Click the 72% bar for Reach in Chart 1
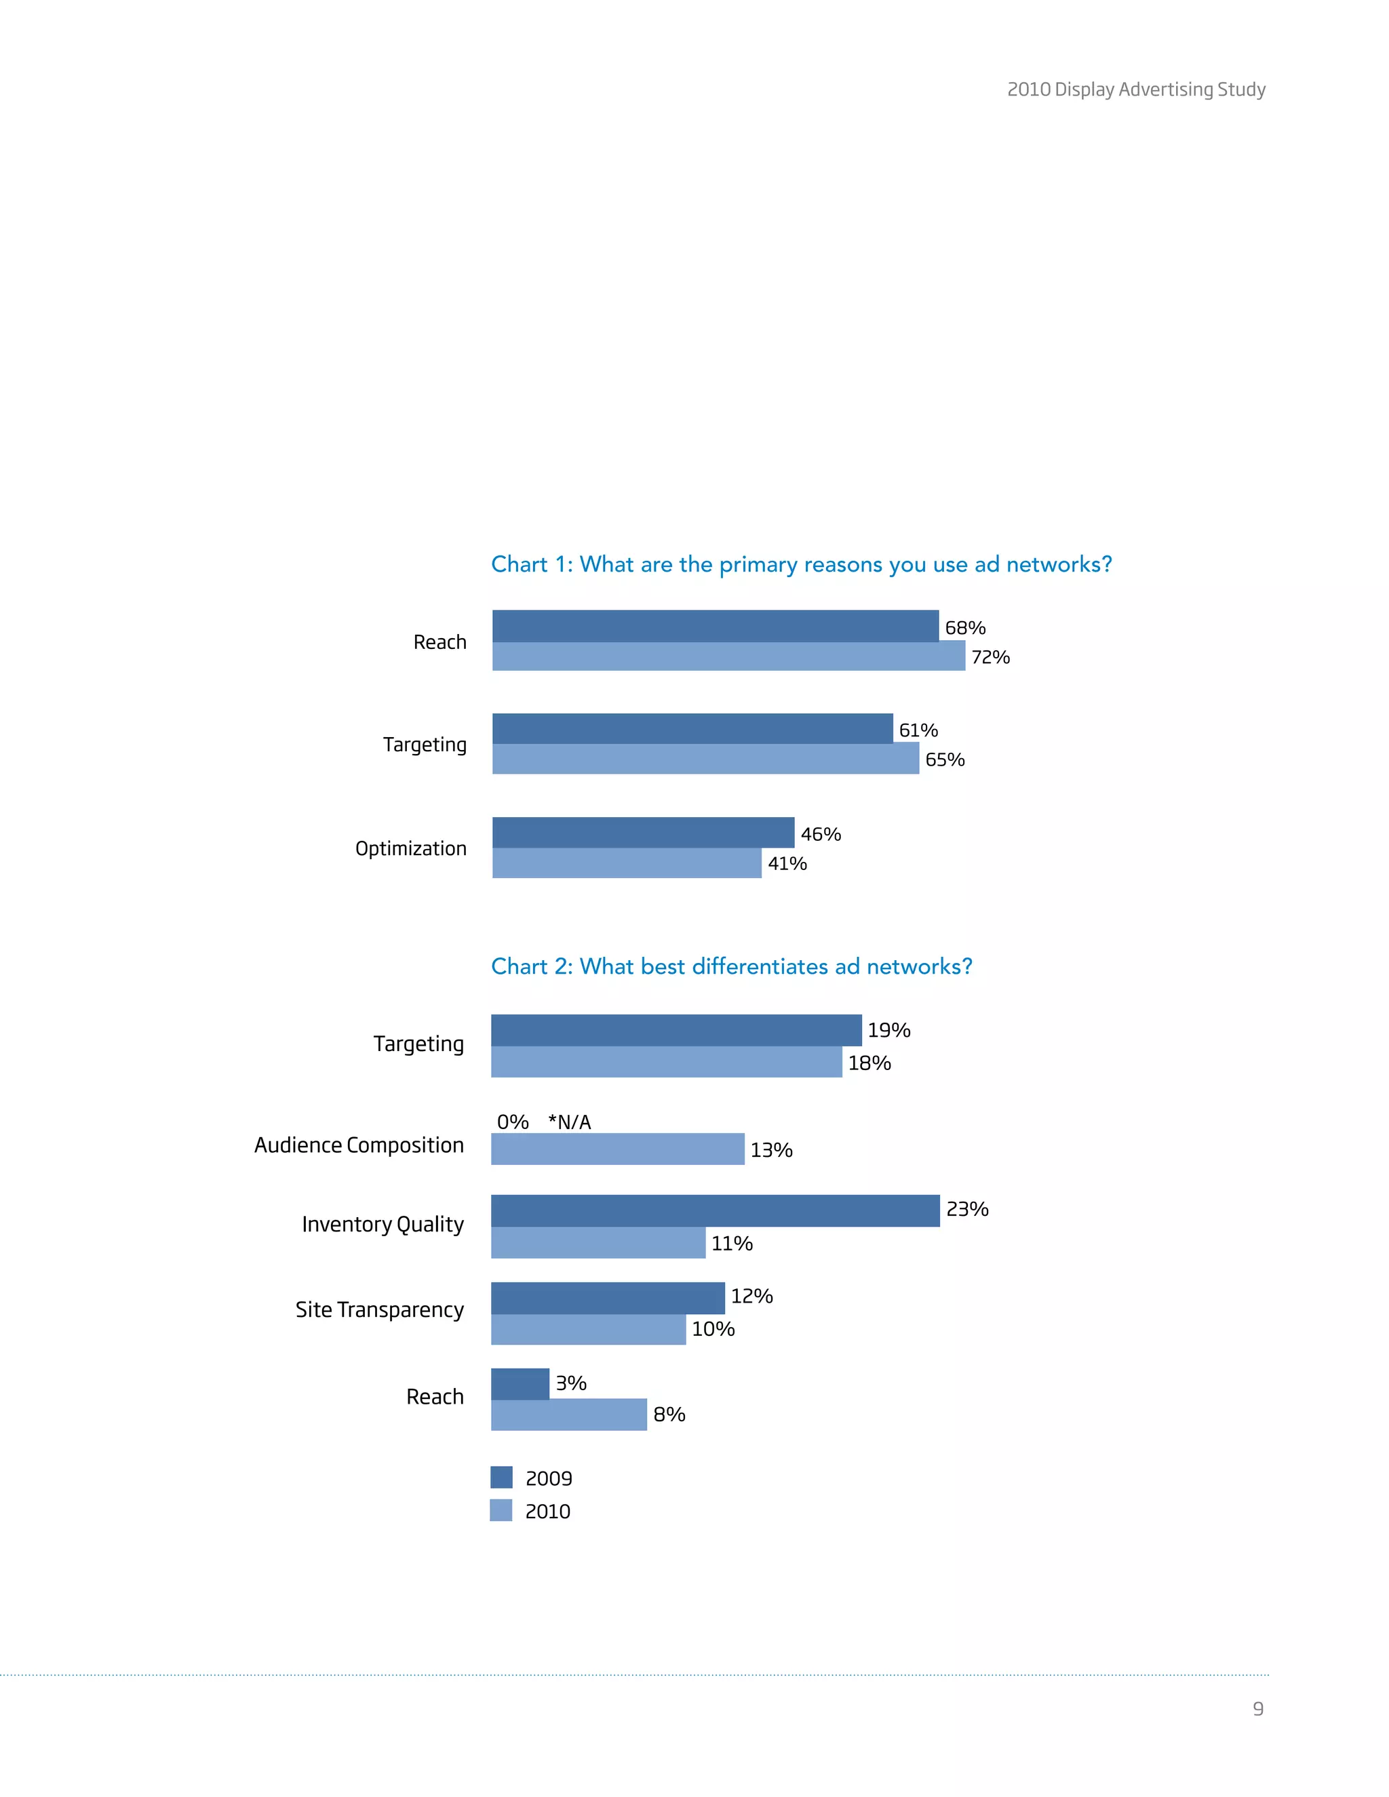(x=728, y=656)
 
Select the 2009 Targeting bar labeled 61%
(x=692, y=728)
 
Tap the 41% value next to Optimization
(x=787, y=863)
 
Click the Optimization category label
(x=410, y=848)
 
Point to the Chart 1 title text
(x=801, y=564)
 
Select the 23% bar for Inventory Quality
(x=714, y=1210)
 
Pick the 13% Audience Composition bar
(x=617, y=1149)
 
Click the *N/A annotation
(x=570, y=1122)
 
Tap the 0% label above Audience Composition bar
(x=512, y=1122)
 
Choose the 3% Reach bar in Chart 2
(x=520, y=1383)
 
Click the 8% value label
(x=668, y=1415)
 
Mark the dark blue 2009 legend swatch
(x=501, y=1477)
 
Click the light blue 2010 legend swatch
(x=501, y=1510)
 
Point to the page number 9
(x=1257, y=1709)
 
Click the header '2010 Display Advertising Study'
(x=1135, y=90)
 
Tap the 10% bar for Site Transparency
(x=587, y=1329)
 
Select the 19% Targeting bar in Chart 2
(x=676, y=1030)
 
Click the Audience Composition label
(x=359, y=1145)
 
